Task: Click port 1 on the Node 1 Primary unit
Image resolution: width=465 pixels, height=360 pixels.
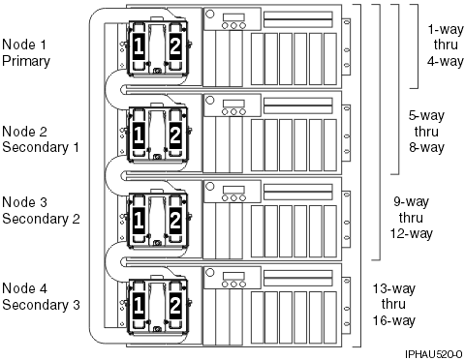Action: [x=139, y=47]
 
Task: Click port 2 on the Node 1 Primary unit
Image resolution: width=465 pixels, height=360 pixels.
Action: [x=175, y=47]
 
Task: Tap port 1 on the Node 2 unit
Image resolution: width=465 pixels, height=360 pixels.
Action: [x=139, y=135]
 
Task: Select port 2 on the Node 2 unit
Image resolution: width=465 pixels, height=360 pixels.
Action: [x=175, y=135]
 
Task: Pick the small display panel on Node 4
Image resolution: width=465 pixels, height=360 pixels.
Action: [x=233, y=279]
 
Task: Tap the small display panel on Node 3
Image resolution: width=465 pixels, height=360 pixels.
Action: [x=233, y=192]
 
